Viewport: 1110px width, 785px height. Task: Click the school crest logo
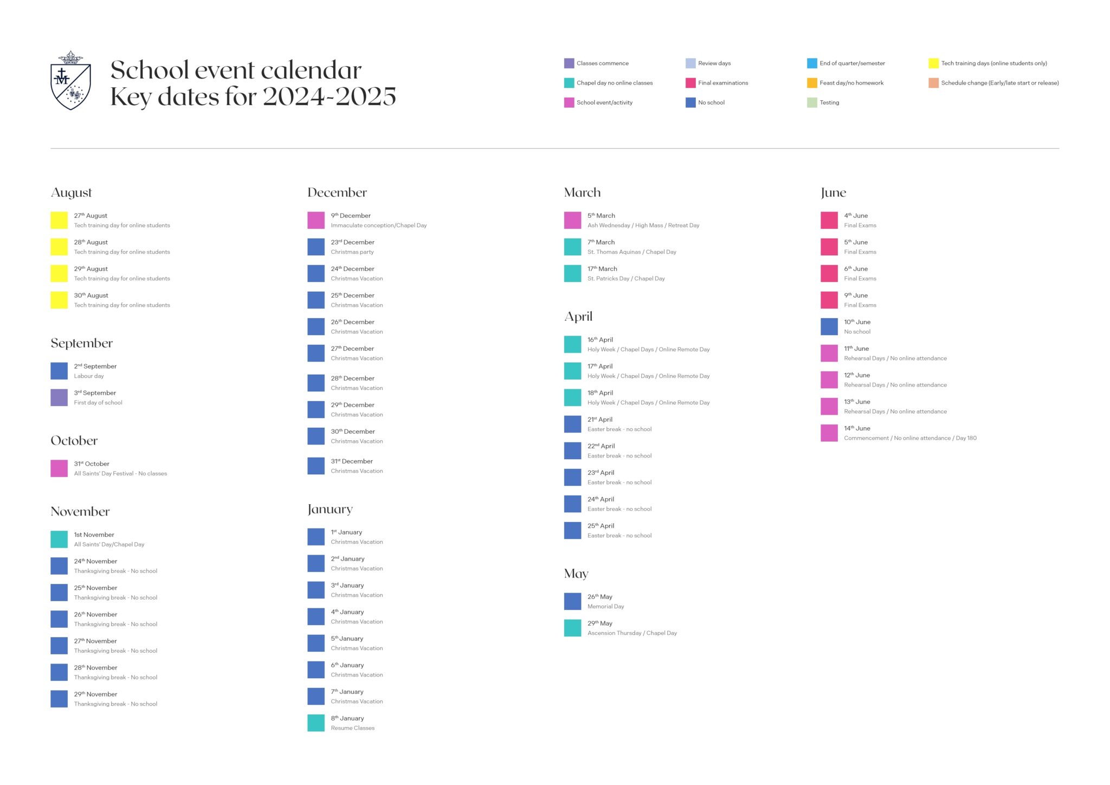click(x=70, y=80)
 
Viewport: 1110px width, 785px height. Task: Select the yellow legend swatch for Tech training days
click(x=933, y=63)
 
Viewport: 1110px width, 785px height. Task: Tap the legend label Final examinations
click(x=723, y=83)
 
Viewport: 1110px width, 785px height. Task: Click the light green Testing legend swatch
click(x=812, y=102)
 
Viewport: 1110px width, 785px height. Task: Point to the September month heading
click(x=82, y=343)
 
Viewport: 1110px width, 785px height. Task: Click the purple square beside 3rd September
click(x=59, y=397)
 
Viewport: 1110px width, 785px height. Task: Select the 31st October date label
click(x=92, y=464)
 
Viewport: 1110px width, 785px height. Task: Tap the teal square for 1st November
click(x=59, y=539)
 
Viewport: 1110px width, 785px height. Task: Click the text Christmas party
click(x=352, y=252)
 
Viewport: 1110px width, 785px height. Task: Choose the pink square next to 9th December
click(x=316, y=220)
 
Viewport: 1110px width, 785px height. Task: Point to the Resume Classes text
click(x=353, y=728)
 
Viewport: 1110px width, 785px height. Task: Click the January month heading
click(x=330, y=510)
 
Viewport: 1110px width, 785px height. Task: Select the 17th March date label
click(x=602, y=269)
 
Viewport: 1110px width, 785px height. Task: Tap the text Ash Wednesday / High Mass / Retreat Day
click(x=643, y=226)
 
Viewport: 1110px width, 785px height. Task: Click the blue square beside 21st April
click(x=572, y=424)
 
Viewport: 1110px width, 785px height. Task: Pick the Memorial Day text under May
click(x=606, y=607)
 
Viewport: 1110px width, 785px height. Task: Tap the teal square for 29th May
click(x=572, y=628)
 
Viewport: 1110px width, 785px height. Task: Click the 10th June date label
click(x=857, y=322)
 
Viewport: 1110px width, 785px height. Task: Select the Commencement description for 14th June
click(x=910, y=438)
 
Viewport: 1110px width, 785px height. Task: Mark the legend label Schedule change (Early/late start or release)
click(x=1000, y=83)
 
